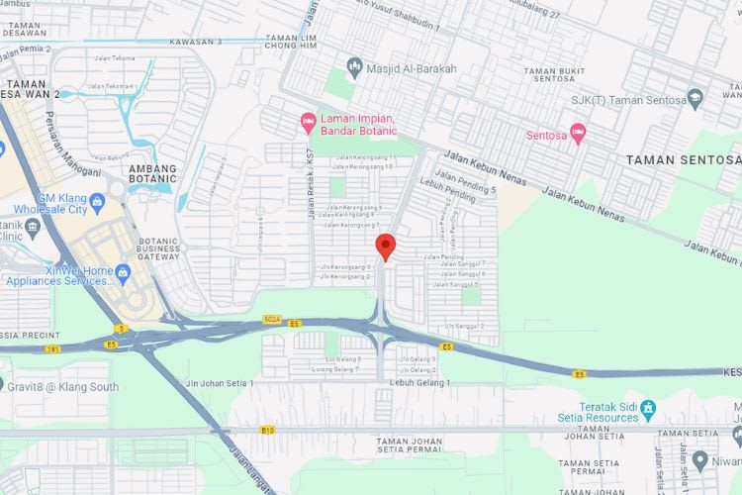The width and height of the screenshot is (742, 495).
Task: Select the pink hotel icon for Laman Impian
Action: pos(308,122)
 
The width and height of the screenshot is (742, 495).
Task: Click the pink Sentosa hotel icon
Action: pos(578,133)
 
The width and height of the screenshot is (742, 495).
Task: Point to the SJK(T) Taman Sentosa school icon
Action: pos(694,96)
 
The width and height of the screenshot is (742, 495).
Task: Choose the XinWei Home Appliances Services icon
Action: pos(123,270)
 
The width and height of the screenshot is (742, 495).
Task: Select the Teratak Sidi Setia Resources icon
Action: pos(648,408)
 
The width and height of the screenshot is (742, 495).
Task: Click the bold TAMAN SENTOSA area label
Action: pos(683,159)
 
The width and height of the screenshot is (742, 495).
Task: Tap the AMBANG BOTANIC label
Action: pos(151,175)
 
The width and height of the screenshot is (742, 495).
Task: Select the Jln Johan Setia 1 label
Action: pos(219,382)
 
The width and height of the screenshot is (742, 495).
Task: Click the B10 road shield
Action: pos(266,431)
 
